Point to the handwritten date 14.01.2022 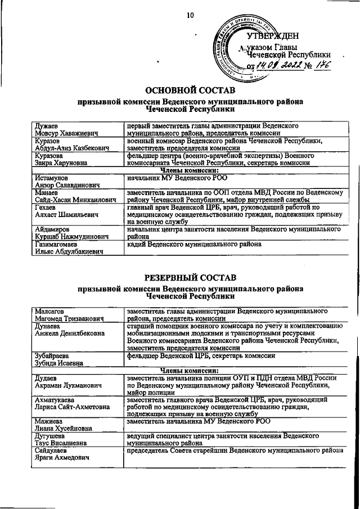tap(279, 66)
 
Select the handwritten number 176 tap(322, 66)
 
